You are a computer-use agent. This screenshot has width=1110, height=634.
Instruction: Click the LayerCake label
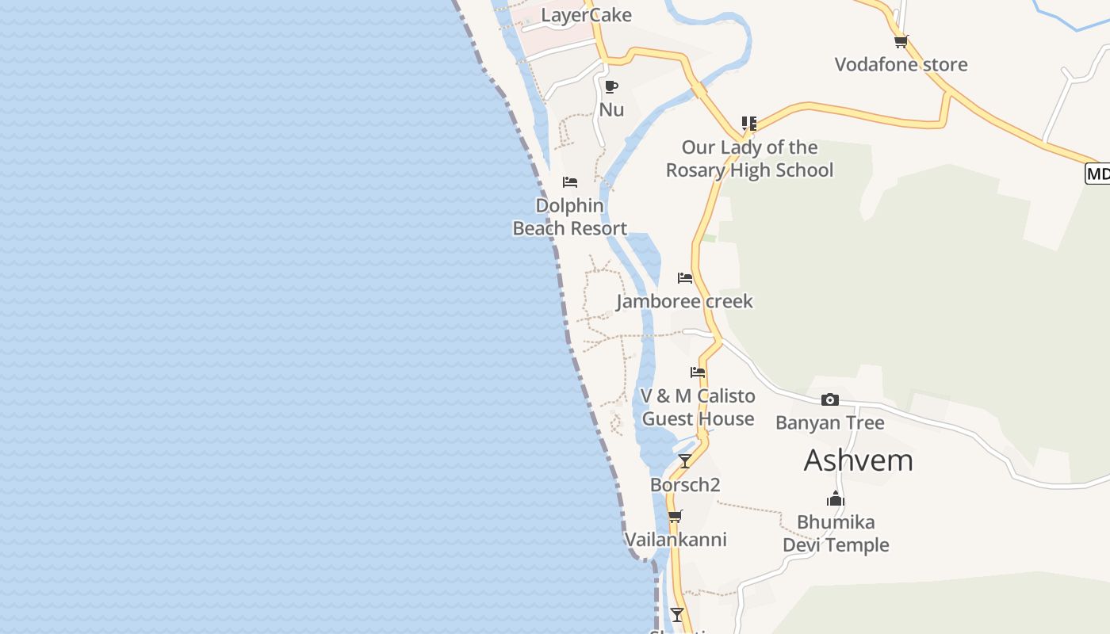586,15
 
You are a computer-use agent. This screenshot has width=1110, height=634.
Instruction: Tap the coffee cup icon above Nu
610,86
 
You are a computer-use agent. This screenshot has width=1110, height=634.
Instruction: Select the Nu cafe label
611,109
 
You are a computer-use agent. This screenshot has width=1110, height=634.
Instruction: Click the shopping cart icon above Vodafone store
900,41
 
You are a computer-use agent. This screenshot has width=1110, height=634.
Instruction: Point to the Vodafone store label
901,64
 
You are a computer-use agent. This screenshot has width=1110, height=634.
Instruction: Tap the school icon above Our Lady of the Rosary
748,124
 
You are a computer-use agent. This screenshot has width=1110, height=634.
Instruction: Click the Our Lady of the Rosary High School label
749,158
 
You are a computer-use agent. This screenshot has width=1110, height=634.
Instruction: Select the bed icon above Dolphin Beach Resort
569,182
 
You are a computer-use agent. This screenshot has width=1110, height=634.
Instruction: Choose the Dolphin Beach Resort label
569,216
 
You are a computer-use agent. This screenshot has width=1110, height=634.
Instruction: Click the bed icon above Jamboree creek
685,278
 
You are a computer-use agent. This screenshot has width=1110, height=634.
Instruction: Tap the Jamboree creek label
684,301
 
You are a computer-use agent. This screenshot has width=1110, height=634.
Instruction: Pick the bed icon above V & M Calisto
698,372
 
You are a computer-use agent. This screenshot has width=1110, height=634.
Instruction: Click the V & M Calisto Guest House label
698,407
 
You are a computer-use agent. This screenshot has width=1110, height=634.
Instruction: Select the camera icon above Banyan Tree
829,399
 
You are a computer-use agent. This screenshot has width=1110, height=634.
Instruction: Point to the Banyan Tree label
829,422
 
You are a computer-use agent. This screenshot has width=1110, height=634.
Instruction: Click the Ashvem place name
858,460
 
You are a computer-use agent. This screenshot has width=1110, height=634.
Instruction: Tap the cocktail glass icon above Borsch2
685,461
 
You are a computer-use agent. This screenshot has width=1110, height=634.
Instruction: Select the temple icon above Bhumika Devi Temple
836,499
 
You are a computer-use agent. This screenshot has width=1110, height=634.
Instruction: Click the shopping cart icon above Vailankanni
675,517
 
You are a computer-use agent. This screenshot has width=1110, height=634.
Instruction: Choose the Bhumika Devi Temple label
836,533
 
